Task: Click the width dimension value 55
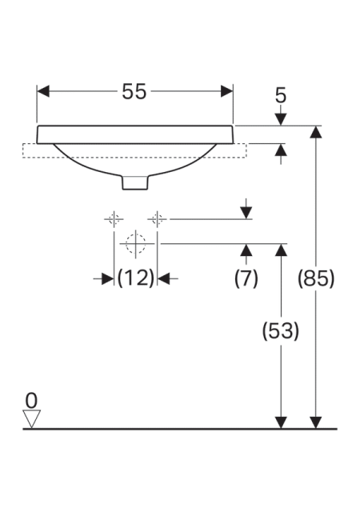pyautogui.click(x=134, y=91)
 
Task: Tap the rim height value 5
pyautogui.click(x=281, y=96)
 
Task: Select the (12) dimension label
pyautogui.click(x=135, y=278)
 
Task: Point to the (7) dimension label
pyautogui.click(x=246, y=278)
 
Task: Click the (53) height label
pyautogui.click(x=281, y=330)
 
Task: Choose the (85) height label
pyautogui.click(x=316, y=278)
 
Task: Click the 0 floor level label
pyautogui.click(x=31, y=400)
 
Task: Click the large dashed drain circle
pyautogui.click(x=135, y=243)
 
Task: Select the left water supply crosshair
pyautogui.click(x=114, y=218)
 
